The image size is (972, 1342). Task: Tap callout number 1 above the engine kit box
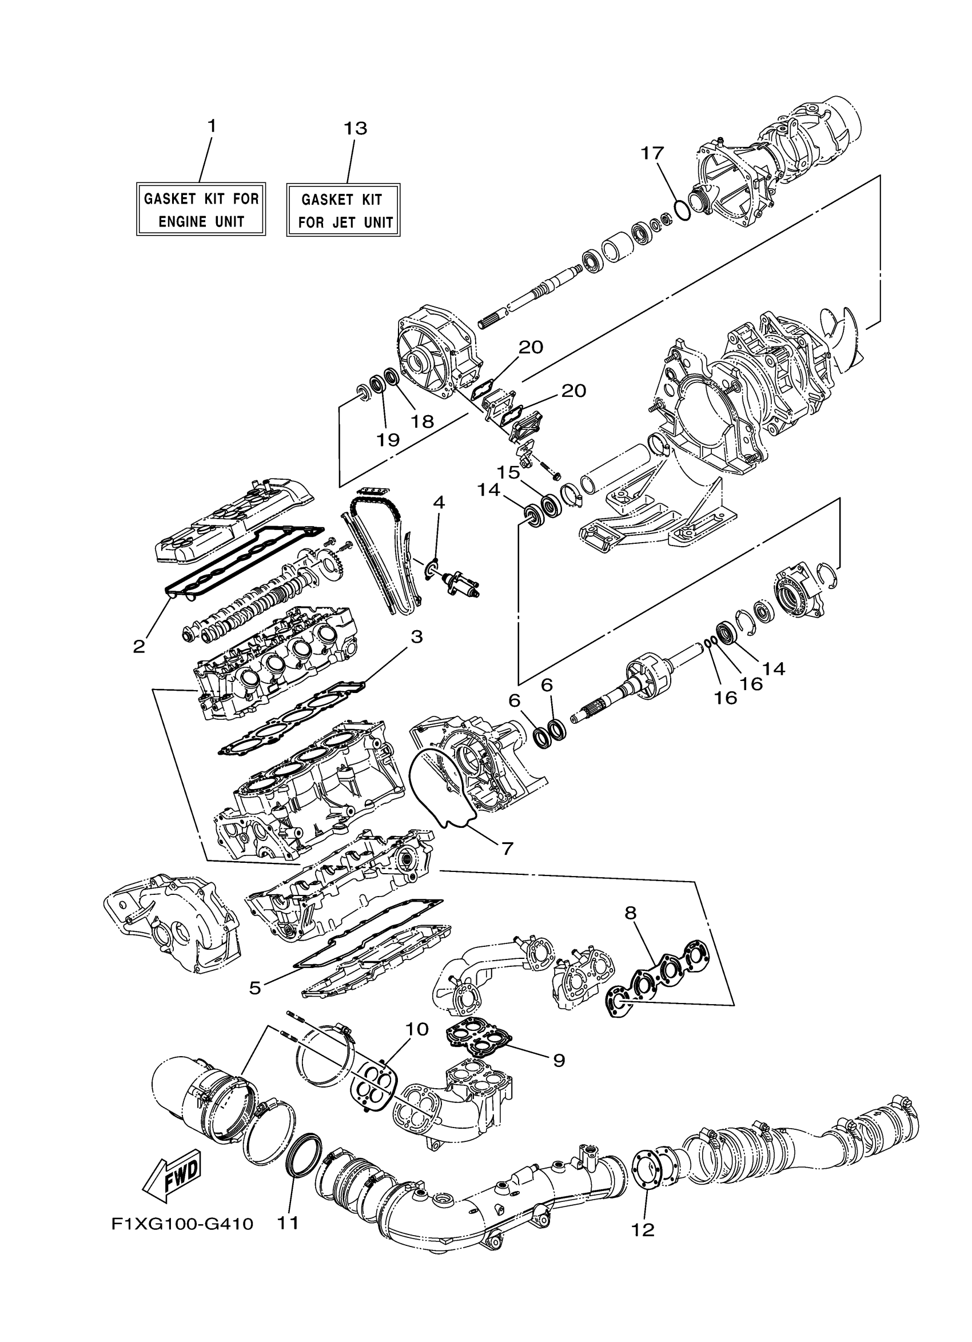(x=211, y=126)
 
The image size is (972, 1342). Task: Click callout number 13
(x=356, y=128)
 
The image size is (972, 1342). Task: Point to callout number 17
(x=652, y=153)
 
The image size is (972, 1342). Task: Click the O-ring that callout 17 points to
(x=682, y=209)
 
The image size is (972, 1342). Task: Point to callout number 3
(x=416, y=636)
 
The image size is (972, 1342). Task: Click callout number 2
(x=139, y=646)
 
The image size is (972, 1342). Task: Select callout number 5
(x=255, y=987)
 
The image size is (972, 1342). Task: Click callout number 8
(x=630, y=913)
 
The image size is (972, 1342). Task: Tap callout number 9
(x=559, y=1060)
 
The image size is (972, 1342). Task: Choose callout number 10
(x=416, y=1029)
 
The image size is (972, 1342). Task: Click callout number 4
(x=439, y=503)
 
